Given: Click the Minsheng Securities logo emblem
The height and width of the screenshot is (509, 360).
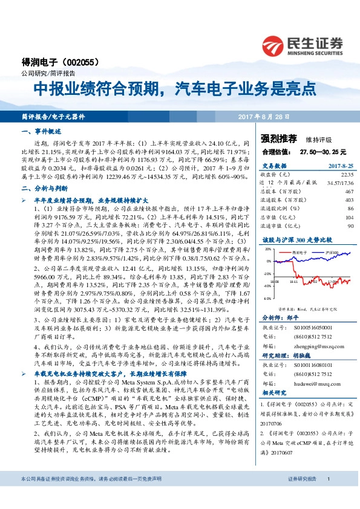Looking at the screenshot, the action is click(273, 45).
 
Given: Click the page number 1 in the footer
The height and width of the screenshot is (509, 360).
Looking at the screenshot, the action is click(327, 496).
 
